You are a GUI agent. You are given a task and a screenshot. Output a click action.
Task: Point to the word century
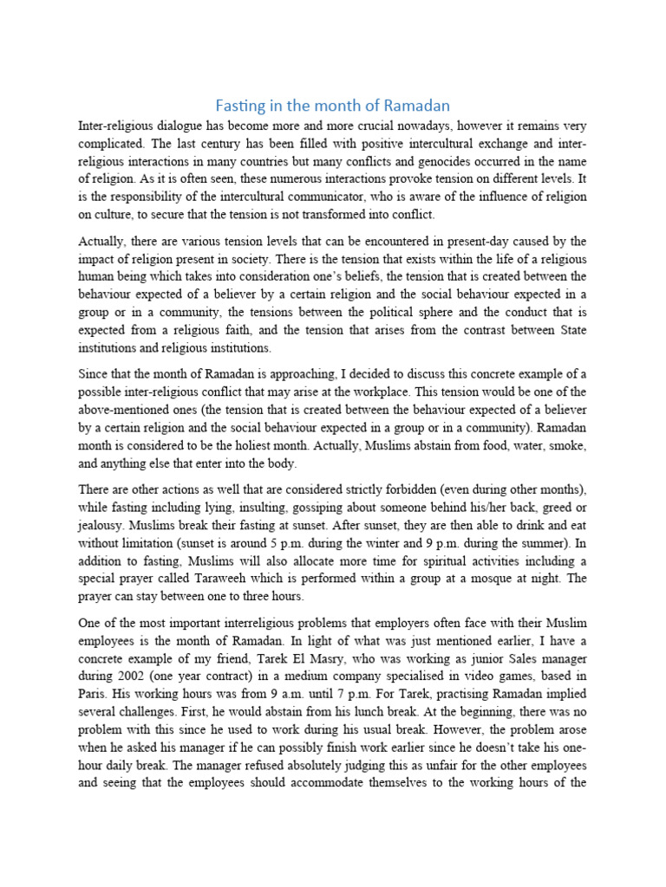click(219, 144)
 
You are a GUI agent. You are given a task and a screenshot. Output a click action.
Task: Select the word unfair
click(422, 767)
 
